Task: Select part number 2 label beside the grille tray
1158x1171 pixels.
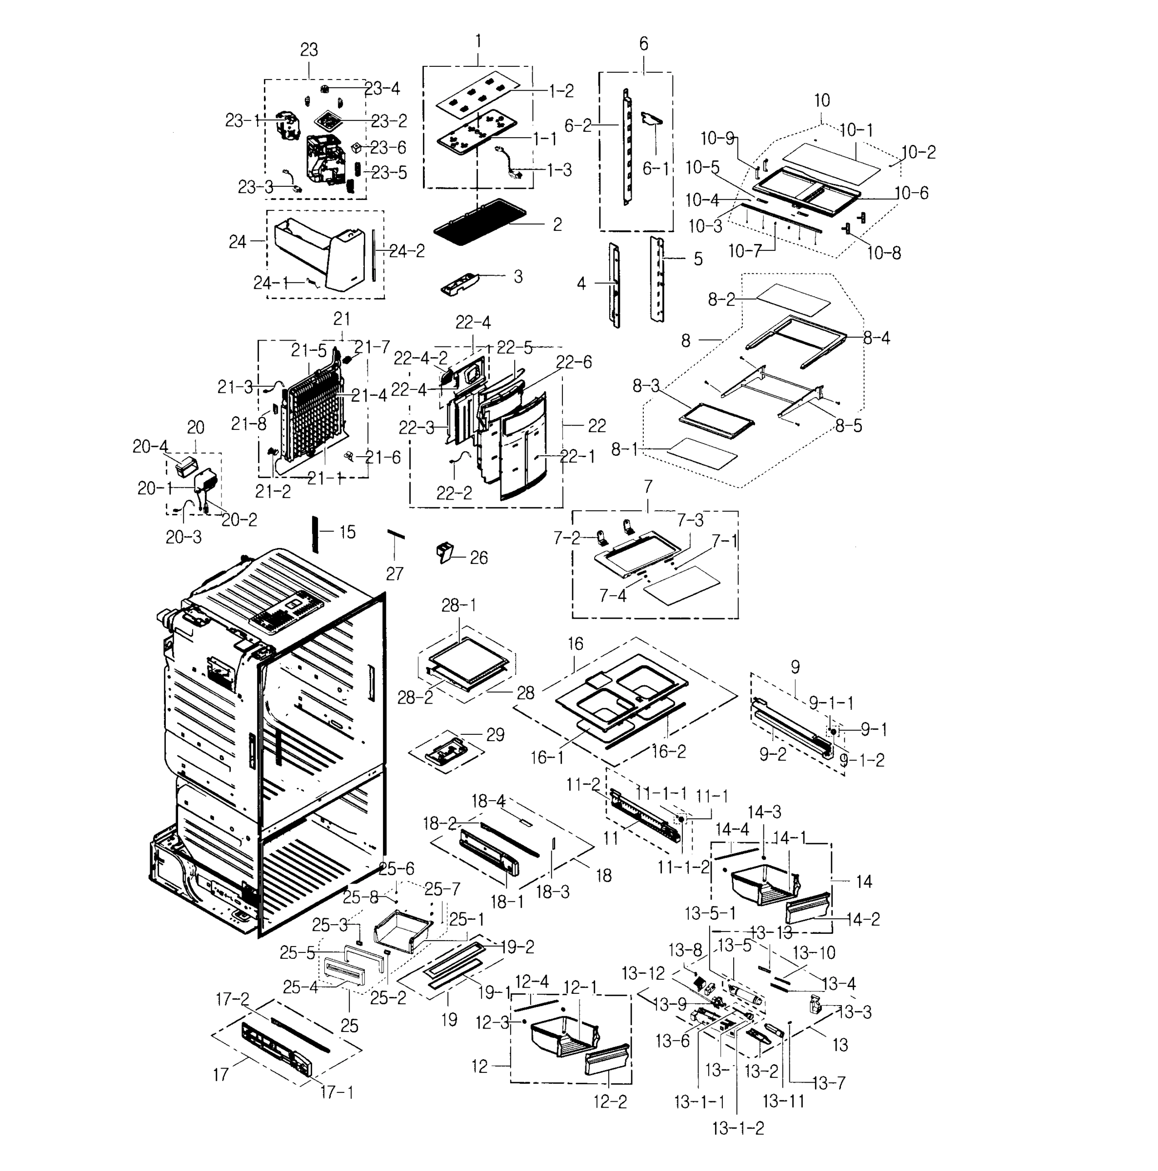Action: tap(557, 225)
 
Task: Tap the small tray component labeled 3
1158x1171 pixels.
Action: tap(460, 283)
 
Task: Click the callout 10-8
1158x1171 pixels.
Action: tap(883, 253)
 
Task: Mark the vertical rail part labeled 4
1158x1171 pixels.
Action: tap(615, 285)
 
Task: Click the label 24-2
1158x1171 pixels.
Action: tap(407, 251)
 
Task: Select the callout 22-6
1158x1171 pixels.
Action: tap(573, 362)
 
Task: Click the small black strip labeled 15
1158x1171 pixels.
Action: tap(315, 534)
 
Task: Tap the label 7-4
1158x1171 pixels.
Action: tap(613, 596)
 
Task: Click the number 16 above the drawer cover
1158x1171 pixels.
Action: tap(575, 644)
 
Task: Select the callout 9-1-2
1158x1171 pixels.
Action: tap(863, 760)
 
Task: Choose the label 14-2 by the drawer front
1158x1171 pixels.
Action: tap(863, 919)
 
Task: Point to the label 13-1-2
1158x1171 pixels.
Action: tap(738, 1128)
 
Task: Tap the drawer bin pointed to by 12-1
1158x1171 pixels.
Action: tap(560, 1041)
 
